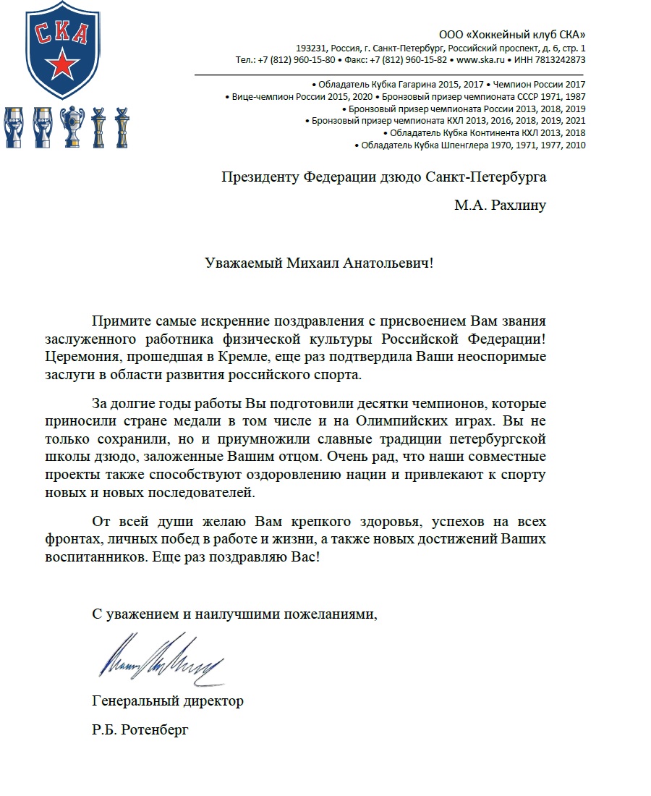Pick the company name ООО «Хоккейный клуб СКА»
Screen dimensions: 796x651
click(x=512, y=35)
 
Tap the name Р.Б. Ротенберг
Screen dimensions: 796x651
click(x=140, y=731)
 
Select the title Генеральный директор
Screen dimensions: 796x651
click(x=168, y=701)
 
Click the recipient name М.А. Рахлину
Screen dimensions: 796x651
click(x=500, y=206)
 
